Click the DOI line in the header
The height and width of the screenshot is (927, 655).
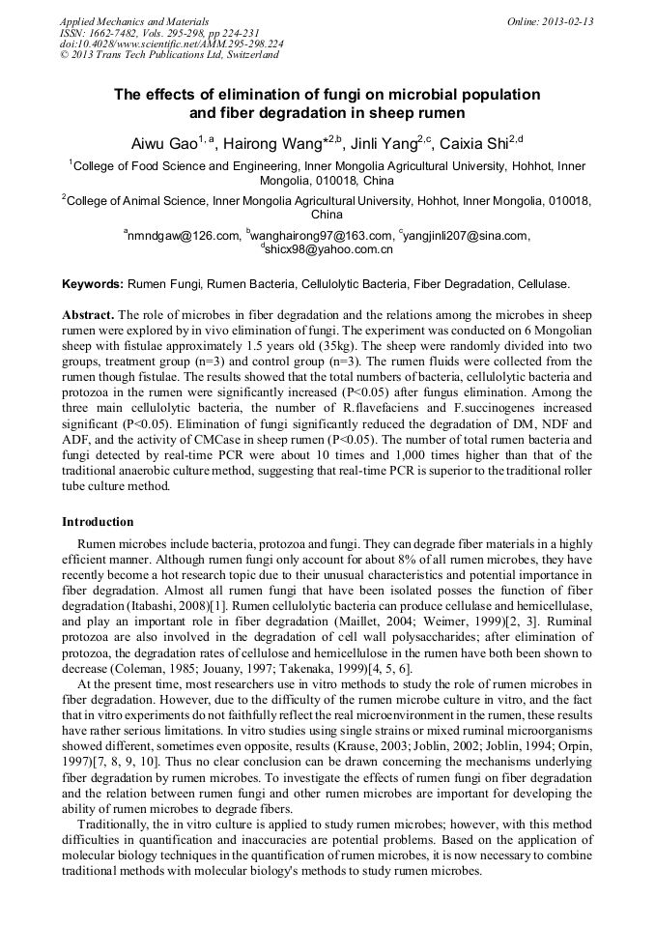(171, 43)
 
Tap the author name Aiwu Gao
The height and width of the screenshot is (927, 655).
(163, 143)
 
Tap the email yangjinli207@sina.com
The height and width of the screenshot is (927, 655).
(467, 235)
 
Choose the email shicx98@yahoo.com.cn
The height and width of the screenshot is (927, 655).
(328, 249)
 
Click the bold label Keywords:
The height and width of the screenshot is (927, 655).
(93, 284)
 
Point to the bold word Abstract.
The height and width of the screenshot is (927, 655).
(89, 316)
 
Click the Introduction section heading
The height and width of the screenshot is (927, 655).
(98, 522)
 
